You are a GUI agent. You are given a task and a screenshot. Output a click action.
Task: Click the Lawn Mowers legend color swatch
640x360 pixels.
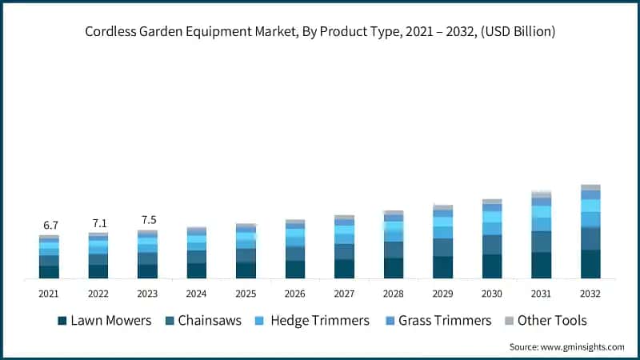(62, 321)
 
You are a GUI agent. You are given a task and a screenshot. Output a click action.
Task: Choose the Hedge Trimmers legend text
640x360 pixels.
(320, 321)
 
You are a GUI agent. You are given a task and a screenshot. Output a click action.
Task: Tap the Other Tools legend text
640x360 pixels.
(552, 321)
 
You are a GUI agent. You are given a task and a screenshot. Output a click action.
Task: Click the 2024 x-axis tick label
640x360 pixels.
(196, 294)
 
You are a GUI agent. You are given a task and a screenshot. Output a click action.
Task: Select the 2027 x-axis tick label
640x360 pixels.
(344, 294)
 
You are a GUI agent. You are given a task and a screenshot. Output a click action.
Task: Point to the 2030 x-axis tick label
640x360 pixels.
(492, 294)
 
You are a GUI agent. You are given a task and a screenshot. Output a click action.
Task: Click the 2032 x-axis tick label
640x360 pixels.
(590, 294)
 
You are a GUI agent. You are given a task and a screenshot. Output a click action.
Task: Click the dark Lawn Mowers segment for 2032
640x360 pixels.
(590, 264)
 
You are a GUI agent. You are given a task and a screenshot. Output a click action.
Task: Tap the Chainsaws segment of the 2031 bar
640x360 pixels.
(542, 242)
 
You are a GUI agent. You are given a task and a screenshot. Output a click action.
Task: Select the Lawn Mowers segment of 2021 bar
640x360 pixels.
(49, 272)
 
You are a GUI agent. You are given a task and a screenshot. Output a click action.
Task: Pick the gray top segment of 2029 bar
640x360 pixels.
(442, 207)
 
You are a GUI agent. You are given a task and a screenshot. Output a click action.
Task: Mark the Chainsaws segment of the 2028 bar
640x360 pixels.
(394, 250)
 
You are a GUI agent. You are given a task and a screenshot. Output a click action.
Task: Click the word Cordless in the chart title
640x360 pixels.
(110, 32)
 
